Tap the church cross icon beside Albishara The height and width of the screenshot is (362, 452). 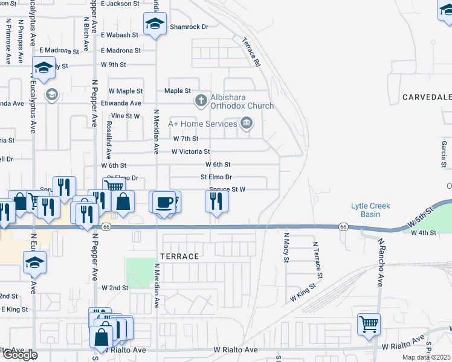tap(201, 101)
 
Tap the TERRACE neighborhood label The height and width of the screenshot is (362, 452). tap(179, 256)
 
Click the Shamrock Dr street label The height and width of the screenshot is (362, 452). tap(189, 27)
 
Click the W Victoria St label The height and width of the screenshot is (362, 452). tap(190, 151)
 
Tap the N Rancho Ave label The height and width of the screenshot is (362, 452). tap(381, 262)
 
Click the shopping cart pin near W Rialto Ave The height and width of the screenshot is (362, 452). tap(369, 325)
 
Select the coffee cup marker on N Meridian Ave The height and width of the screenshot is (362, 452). tap(163, 202)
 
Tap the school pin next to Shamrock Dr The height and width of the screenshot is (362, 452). tap(155, 24)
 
